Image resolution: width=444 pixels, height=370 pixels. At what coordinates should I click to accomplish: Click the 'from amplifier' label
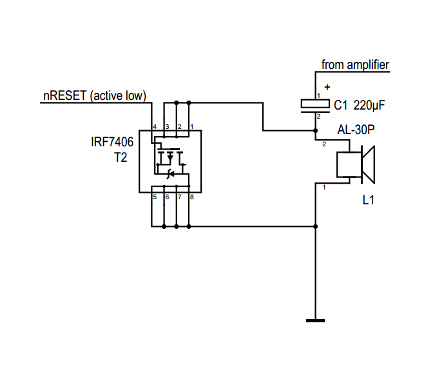point(355,64)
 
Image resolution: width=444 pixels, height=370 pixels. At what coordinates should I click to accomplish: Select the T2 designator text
point(121,157)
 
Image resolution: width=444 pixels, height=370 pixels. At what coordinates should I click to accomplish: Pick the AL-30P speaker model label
point(356,130)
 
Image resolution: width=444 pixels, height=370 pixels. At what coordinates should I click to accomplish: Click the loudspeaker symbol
point(356,165)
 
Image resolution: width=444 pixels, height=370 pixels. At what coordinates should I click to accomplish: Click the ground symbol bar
point(315,320)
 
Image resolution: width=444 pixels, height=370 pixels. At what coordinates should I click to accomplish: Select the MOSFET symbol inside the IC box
point(169,162)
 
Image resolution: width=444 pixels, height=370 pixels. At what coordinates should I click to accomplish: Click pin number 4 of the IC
point(155,126)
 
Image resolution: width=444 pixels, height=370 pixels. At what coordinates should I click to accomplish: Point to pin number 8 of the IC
point(191,196)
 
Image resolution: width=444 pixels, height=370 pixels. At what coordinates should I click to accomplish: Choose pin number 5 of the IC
point(155,196)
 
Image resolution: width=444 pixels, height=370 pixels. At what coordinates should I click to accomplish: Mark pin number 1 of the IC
point(191,126)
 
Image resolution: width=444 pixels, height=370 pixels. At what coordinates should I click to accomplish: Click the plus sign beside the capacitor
point(327,87)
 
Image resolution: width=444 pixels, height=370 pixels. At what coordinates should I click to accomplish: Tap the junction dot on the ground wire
point(315,226)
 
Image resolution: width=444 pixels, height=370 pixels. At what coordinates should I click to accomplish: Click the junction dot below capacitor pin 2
point(315,131)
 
